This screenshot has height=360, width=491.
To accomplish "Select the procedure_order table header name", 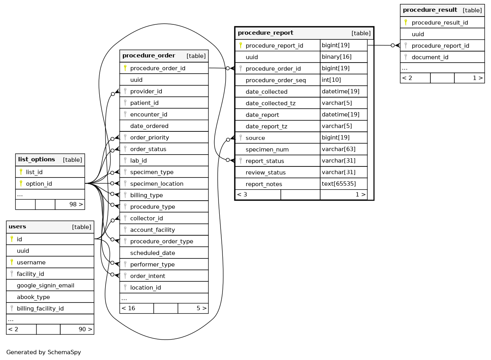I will click(149, 55).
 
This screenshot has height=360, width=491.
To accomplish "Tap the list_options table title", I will click(37, 159).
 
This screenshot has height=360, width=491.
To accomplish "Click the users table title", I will click(17, 227).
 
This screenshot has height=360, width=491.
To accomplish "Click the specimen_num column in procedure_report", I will click(267, 150).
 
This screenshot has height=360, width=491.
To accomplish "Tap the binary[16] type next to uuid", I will click(337, 57).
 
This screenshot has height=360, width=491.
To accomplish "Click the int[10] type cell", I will click(332, 80).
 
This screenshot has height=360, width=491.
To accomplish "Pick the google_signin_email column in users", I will click(45, 286).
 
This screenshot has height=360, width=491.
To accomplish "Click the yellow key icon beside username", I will click(12, 262).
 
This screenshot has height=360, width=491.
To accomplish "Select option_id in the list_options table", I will click(39, 184).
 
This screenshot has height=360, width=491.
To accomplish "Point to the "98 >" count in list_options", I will click(76, 205).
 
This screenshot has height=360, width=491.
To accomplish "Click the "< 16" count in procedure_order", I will click(128, 308).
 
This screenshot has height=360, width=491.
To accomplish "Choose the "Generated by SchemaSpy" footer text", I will click(44, 352).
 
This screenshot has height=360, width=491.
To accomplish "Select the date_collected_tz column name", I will click(271, 103).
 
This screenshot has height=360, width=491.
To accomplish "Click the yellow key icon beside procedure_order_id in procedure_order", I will click(125, 68).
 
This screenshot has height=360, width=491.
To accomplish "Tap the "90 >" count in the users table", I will click(85, 329).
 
